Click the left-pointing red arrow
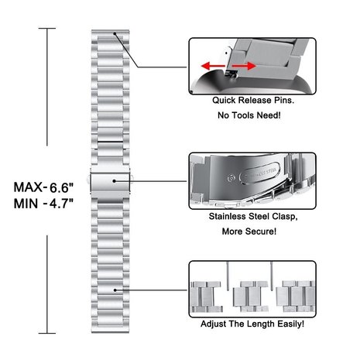[213, 66]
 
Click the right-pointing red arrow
[244, 66]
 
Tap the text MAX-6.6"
[43, 187]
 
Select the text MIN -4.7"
[43, 204]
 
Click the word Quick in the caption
[224, 100]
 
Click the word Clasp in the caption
[284, 217]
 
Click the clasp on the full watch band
[110, 182]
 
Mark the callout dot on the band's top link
[115, 33]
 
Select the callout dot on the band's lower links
[115, 290]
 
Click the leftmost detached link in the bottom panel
[207, 297]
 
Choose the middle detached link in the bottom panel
[250, 297]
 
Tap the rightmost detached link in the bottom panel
[296, 297]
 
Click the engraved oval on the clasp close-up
[259, 173]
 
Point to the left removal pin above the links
[228, 276]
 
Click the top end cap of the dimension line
[47, 29]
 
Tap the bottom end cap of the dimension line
[47, 333]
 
